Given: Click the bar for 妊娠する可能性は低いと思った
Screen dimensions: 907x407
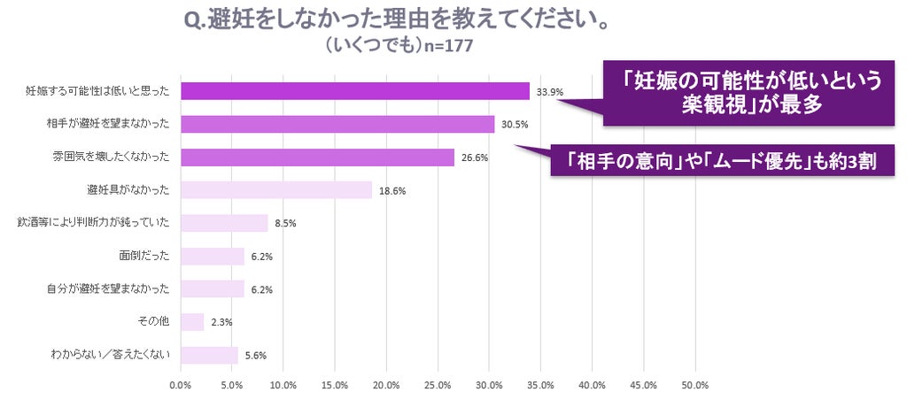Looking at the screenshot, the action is (355, 91).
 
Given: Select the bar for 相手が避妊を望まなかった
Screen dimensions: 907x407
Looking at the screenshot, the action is (337, 124).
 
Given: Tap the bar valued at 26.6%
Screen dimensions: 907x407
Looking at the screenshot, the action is (318, 157).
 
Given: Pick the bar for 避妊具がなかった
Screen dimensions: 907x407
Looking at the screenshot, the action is (276, 190).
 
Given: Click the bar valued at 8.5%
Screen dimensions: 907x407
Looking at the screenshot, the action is (224, 223).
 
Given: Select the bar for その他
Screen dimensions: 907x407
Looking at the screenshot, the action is (192, 322).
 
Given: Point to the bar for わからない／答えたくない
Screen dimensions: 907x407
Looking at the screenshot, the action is (209, 355).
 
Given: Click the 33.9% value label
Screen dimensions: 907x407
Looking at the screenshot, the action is (549, 92).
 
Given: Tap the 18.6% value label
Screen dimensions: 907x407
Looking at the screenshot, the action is (392, 191).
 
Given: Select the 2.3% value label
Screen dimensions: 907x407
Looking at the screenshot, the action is (221, 323).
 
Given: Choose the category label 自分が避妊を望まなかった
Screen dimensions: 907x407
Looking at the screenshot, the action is (108, 289).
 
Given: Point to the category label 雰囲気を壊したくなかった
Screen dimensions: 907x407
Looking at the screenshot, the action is (111, 157).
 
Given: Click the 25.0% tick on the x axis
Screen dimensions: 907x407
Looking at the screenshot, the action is (438, 386).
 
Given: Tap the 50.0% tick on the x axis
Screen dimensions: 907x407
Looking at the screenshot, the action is (694, 386).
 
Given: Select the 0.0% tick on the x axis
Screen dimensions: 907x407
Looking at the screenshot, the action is (181, 386).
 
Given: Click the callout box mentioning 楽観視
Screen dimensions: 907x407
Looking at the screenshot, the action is (748, 93).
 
